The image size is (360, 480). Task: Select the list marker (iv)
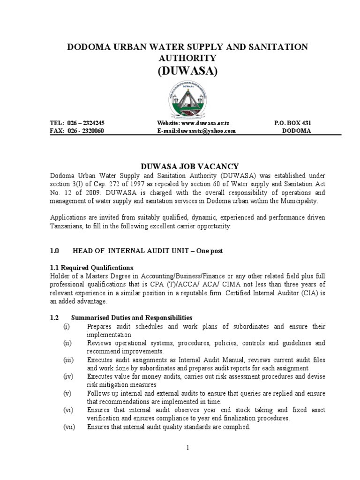click(x=67, y=376)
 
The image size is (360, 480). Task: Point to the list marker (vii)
click(x=68, y=427)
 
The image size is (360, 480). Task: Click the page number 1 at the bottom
click(x=187, y=448)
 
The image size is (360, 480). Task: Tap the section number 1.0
click(x=55, y=251)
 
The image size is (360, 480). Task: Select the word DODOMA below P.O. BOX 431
click(x=296, y=131)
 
